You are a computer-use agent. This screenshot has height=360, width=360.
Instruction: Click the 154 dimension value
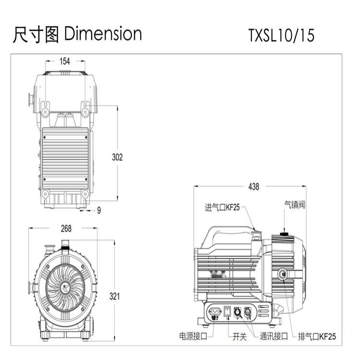click(64, 61)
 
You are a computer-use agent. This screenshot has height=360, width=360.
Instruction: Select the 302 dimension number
click(117, 157)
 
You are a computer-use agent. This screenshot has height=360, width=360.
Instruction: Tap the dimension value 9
click(99, 210)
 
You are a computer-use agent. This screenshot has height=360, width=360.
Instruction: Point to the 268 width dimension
click(66, 228)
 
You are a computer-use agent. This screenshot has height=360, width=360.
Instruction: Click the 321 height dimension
click(114, 296)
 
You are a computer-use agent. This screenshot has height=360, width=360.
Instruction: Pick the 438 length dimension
click(254, 187)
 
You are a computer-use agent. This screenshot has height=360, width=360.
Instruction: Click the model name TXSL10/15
click(281, 35)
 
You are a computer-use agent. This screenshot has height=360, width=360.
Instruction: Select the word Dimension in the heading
click(103, 34)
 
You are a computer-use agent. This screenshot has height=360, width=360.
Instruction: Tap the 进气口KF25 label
click(222, 207)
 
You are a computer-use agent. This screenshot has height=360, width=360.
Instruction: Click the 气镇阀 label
click(295, 204)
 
